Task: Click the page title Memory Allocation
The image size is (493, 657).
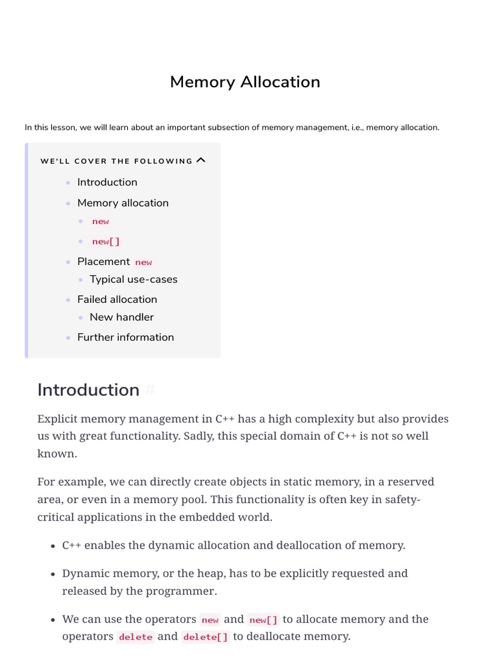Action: [x=245, y=82]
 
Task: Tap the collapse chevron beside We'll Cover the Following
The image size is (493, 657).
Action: [x=201, y=160]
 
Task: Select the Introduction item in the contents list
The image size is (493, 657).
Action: [x=107, y=182]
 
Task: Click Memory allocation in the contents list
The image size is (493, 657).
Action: [x=123, y=203]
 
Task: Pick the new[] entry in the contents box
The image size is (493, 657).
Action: [x=106, y=242]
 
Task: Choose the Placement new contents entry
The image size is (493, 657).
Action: [x=114, y=262]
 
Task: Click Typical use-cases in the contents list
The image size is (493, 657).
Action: [x=134, y=279]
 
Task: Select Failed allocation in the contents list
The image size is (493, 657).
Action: [x=117, y=299]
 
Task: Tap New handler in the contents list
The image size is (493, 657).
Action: [x=121, y=317]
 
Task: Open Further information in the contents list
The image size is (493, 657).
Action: [x=125, y=337]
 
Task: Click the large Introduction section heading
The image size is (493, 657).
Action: [x=89, y=390]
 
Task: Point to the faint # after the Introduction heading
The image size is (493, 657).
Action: [x=151, y=390]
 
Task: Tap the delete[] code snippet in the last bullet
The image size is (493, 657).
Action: [x=205, y=637]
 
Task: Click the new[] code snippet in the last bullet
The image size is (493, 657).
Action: [x=263, y=620]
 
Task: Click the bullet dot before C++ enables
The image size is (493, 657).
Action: [x=53, y=546]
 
